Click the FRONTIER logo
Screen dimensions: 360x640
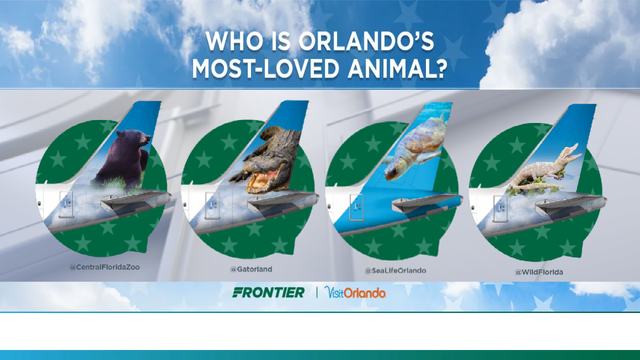(x=268, y=293)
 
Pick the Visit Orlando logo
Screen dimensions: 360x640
(x=354, y=293)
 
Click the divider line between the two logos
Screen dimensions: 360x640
(x=317, y=293)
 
